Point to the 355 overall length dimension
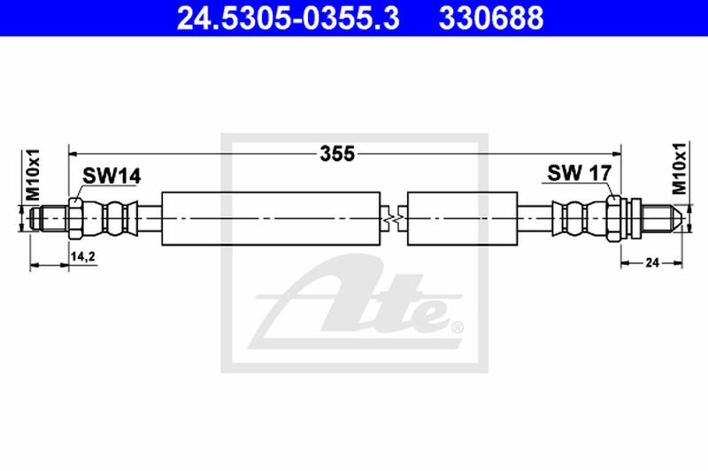[x=337, y=154]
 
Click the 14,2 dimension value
[x=82, y=257]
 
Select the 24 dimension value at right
[x=653, y=262]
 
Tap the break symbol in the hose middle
[x=395, y=217]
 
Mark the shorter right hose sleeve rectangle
[x=461, y=217]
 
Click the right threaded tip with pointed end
[x=662, y=217]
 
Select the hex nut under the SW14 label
[x=75, y=217]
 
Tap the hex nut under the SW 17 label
[x=613, y=217]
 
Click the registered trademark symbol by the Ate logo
[x=458, y=329]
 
